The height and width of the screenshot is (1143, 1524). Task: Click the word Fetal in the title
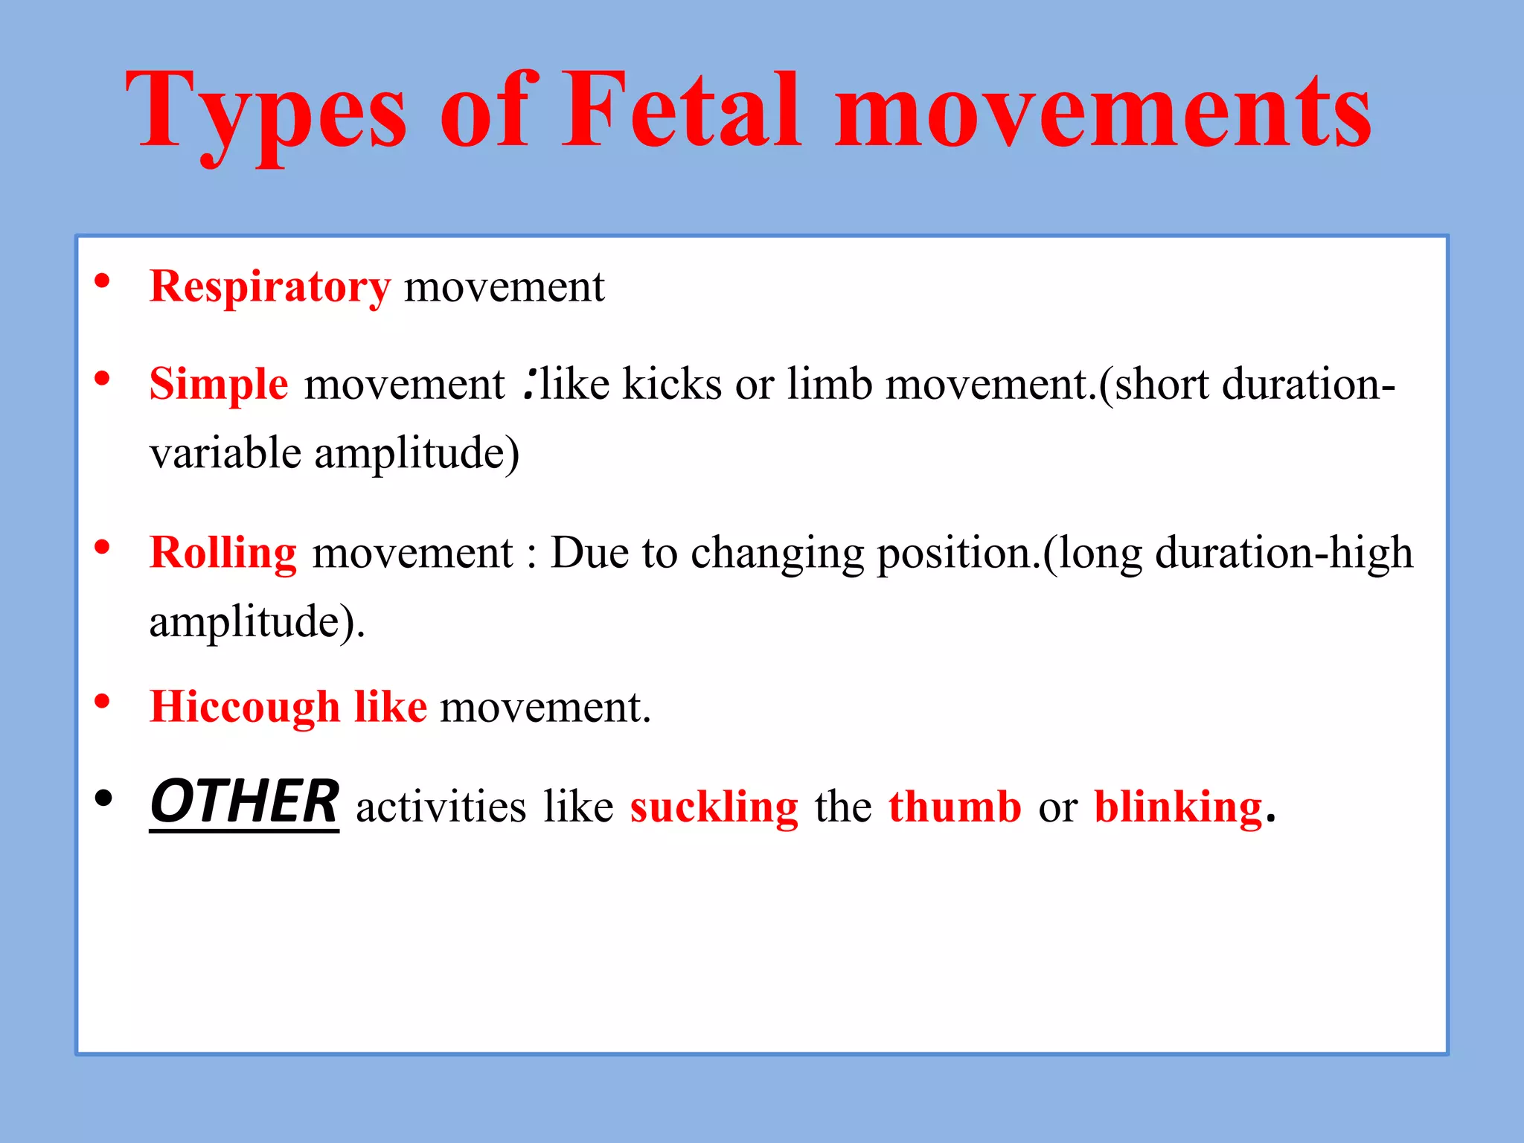click(681, 112)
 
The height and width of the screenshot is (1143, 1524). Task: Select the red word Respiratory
click(269, 287)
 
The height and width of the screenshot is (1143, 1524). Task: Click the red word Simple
click(219, 385)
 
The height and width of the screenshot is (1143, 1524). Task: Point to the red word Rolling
click(223, 553)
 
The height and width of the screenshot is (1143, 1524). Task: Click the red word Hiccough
click(245, 707)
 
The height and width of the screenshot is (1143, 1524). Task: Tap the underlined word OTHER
click(244, 802)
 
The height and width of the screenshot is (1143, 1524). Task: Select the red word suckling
click(714, 807)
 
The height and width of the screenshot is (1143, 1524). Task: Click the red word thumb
click(955, 807)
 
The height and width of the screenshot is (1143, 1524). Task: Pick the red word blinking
click(1178, 807)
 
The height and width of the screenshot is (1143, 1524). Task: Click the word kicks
click(672, 385)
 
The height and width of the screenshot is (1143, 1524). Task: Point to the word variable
click(225, 453)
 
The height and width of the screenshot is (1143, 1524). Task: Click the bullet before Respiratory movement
click(103, 281)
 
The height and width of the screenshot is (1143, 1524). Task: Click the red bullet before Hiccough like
click(103, 701)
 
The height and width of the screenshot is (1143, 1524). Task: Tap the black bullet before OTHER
click(103, 798)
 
